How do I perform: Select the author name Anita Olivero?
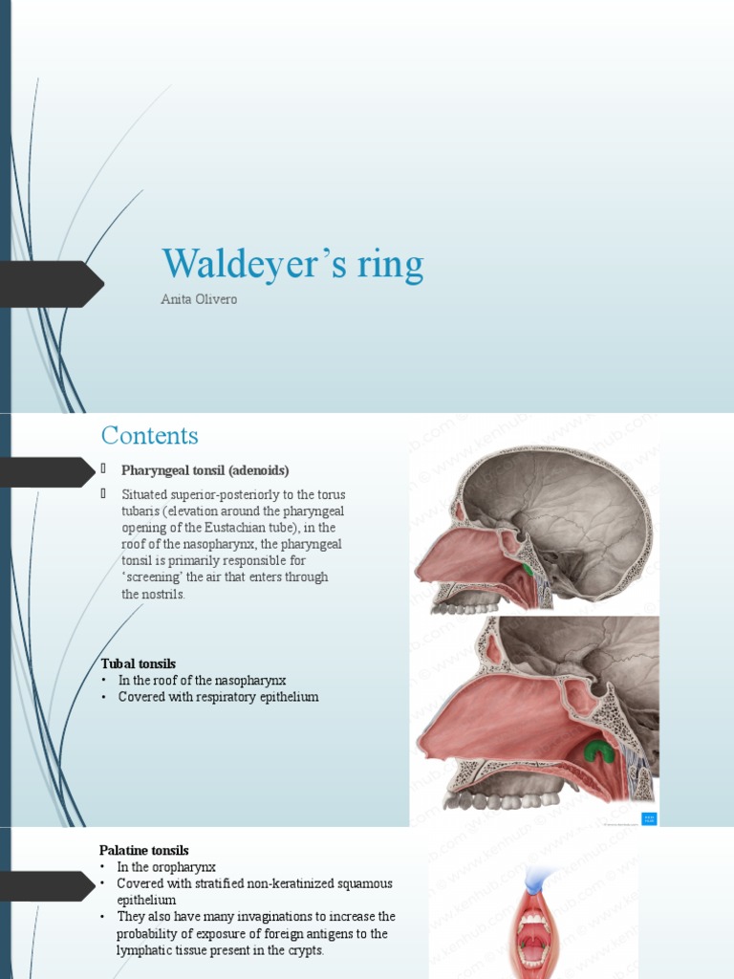(x=200, y=300)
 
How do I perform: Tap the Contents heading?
(x=150, y=436)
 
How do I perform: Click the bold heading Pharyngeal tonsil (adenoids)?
(x=205, y=470)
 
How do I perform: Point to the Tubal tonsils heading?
(x=139, y=663)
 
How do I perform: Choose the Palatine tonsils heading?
(x=144, y=850)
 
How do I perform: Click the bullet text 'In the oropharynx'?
(x=167, y=867)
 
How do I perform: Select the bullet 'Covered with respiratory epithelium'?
(x=218, y=697)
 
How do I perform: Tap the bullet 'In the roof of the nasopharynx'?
(x=202, y=680)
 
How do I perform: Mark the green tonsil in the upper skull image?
(x=528, y=571)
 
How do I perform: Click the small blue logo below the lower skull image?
(x=649, y=818)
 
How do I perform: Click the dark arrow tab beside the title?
(x=53, y=284)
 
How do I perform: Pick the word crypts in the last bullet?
(x=306, y=951)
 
